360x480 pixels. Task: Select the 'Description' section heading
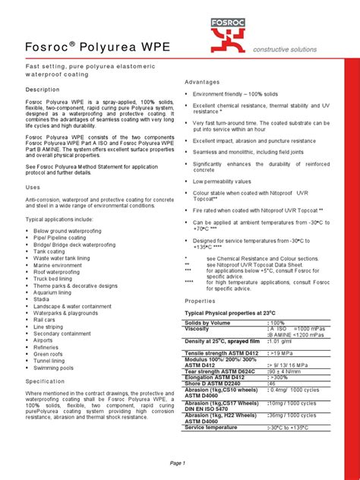pyautogui.click(x=43, y=89)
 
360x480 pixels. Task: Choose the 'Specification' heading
pyautogui.click(x=46, y=381)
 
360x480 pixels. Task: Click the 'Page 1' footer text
pyautogui.click(x=178, y=463)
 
